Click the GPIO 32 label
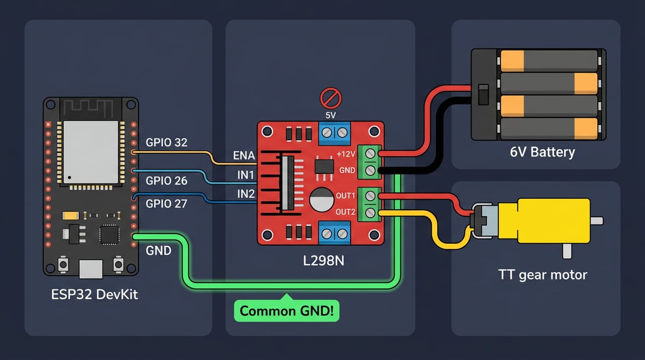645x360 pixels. click(x=166, y=143)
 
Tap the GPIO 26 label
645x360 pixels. click(x=166, y=181)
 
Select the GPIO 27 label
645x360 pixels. click(x=166, y=204)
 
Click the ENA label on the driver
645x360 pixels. click(x=244, y=155)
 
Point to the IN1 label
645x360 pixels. click(x=245, y=175)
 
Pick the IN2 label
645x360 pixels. click(x=246, y=194)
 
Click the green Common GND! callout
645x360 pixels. click(x=287, y=311)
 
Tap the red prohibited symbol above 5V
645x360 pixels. click(x=331, y=98)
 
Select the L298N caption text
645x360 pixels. click(x=324, y=261)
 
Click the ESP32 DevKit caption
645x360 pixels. click(x=94, y=294)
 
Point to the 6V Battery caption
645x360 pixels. click(x=542, y=152)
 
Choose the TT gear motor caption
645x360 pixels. click(x=543, y=275)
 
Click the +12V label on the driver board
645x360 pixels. click(x=346, y=154)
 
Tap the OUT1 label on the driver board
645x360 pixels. click(x=346, y=196)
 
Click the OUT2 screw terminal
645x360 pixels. click(x=370, y=213)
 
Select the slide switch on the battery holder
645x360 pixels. click(x=483, y=94)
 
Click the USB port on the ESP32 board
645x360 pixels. click(x=91, y=269)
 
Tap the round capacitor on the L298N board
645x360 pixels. click(x=321, y=199)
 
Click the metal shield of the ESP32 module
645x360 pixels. click(x=91, y=152)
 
